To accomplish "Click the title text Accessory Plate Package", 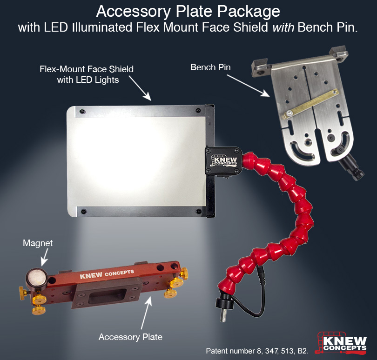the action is point(188,12).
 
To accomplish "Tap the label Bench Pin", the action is point(210,67).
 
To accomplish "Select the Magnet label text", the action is point(38,243).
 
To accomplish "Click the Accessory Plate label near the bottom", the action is point(130,337).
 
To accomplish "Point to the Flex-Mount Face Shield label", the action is point(87,69).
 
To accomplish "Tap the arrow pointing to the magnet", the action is point(45,257).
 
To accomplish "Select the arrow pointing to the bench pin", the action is point(249,86).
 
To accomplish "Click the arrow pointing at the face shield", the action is point(140,88).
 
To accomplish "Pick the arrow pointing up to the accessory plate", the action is point(147,313).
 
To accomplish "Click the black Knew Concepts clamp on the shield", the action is point(223,161).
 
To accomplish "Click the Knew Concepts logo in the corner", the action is point(342,343).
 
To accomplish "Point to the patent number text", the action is point(257,351).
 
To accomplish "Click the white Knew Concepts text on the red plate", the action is point(107,274).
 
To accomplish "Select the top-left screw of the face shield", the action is point(82,111).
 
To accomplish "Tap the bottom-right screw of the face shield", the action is point(199,212).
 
